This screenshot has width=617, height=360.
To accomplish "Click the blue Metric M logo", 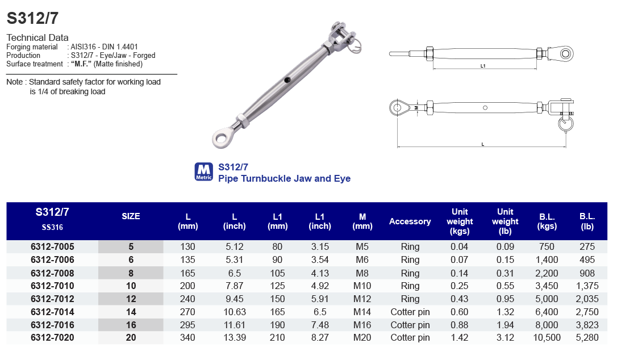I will [x=203, y=171].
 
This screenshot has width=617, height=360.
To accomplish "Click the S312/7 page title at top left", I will [x=32, y=18].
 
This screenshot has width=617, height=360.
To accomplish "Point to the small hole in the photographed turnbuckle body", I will [x=288, y=79].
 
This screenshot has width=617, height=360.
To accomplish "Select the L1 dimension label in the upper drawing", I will [x=483, y=66].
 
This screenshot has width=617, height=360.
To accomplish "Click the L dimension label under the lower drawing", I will [x=482, y=144].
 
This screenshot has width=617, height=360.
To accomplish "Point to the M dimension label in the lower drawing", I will [x=416, y=107].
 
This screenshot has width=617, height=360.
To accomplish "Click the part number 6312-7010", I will [x=52, y=286].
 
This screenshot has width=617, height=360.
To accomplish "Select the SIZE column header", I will [x=131, y=216].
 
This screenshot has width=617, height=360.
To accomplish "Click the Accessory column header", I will [x=410, y=221].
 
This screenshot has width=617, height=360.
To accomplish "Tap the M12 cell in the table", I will [x=362, y=299].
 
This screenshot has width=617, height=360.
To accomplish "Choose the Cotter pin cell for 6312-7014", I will [x=410, y=312].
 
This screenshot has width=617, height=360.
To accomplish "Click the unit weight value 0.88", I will [x=460, y=325].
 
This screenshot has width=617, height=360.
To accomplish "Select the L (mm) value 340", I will [x=187, y=338].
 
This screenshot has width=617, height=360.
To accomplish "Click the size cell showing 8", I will [x=131, y=273].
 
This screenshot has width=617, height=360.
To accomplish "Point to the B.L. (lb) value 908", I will [x=587, y=273].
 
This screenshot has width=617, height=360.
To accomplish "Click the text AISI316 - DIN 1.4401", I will [x=105, y=47].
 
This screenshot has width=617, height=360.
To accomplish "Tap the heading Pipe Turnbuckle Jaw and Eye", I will [x=284, y=178].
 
